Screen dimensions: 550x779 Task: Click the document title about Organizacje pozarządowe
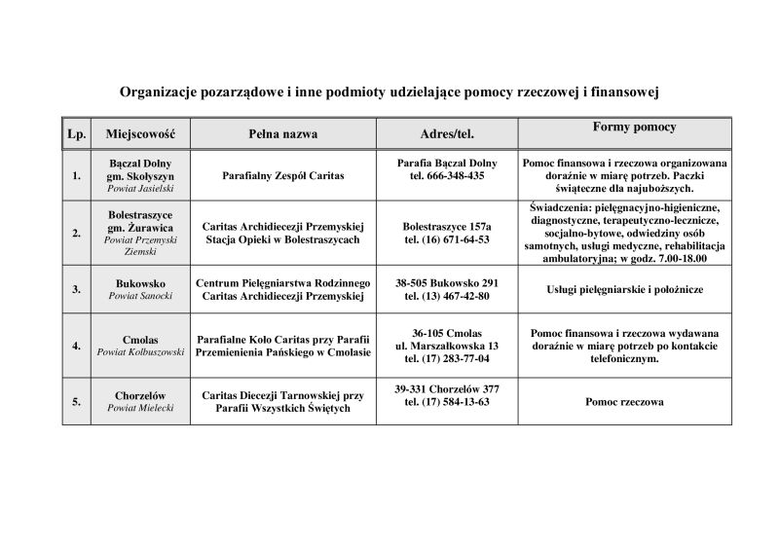389,92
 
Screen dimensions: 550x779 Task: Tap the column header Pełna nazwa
283,133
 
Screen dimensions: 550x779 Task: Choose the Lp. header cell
76,133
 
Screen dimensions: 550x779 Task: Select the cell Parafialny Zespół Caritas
283,176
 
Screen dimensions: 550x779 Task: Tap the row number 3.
76,289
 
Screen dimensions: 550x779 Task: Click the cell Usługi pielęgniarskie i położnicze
624,290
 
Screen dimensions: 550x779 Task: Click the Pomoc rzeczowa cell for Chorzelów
624,401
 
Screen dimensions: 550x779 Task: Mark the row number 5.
76,401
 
